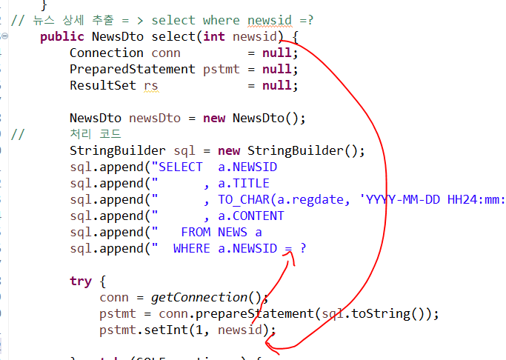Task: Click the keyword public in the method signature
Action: (x=62, y=36)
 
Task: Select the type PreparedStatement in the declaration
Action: (x=133, y=69)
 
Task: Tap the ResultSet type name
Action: (x=103, y=85)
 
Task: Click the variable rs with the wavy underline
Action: (x=150, y=85)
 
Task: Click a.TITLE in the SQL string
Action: (x=244, y=183)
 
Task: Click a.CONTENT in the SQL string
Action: (x=251, y=216)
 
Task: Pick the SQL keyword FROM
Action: (x=196, y=232)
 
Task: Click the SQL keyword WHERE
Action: (x=192, y=248)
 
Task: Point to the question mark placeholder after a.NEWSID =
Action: (x=303, y=248)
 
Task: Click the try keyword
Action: (x=81, y=281)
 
